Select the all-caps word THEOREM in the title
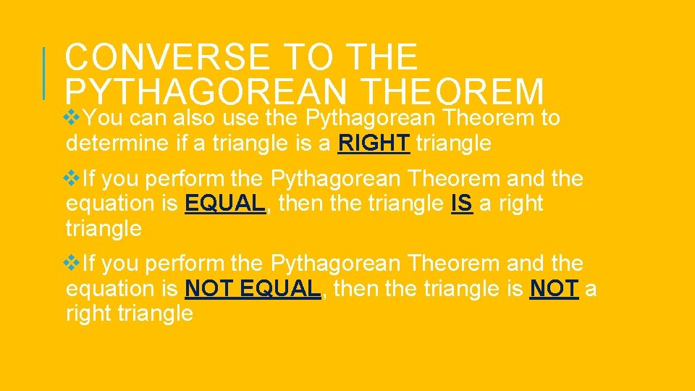click(452, 92)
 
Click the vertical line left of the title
click(44, 72)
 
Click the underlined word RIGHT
click(374, 143)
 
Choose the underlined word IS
click(461, 204)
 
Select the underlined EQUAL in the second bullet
click(225, 204)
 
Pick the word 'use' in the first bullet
click(243, 118)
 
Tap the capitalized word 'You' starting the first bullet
click(104, 118)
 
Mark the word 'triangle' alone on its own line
click(104, 230)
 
